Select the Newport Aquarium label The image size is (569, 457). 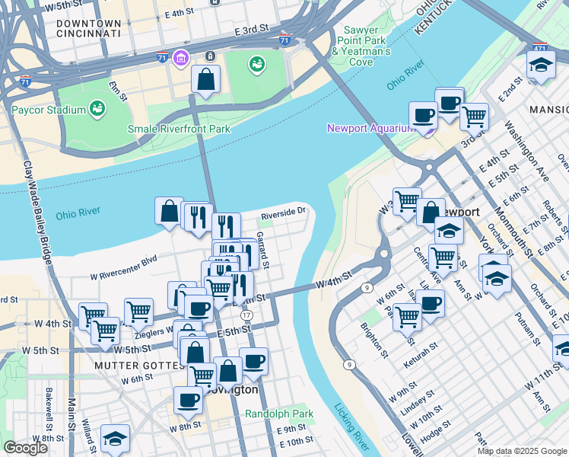[x=370, y=128]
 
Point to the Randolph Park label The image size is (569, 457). [x=279, y=414]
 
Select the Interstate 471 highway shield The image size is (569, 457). [x=539, y=47]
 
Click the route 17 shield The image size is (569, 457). [x=246, y=315]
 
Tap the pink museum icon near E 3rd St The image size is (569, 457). [x=180, y=58]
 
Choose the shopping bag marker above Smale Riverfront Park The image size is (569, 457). [x=206, y=79]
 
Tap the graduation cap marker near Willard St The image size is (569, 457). [x=115, y=438]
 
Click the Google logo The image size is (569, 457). [x=25, y=448]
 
